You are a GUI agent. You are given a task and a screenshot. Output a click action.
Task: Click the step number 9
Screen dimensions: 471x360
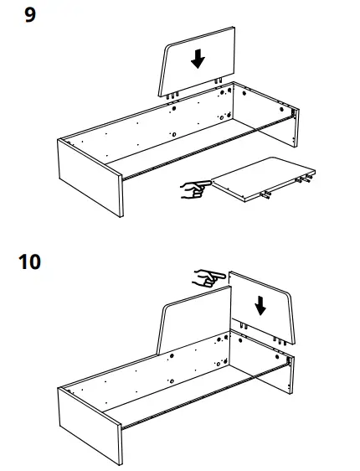pos(30,15)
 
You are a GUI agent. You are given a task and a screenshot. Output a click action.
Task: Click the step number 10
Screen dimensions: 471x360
pos(30,262)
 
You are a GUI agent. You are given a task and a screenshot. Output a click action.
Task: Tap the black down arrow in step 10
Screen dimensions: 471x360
pos(260,304)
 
